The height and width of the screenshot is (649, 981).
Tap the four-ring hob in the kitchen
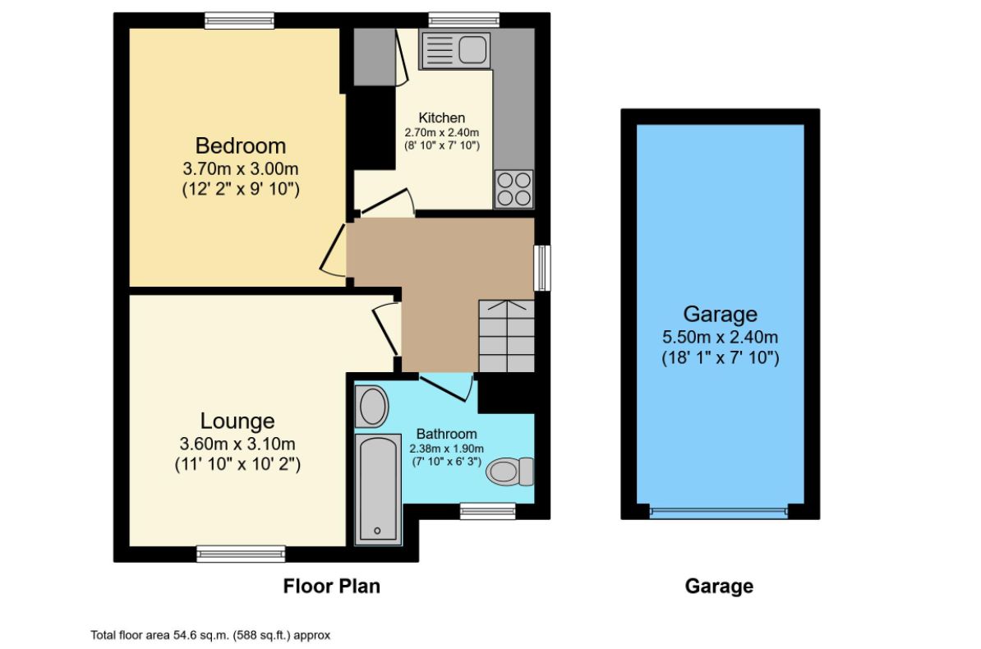click(x=514, y=188)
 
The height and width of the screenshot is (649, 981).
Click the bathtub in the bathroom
click(x=377, y=488)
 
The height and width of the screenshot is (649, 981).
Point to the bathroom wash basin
click(x=372, y=407)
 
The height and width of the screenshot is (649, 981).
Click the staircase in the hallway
click(x=506, y=336)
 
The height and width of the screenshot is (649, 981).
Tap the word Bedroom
click(x=241, y=145)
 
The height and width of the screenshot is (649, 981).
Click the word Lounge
click(x=237, y=421)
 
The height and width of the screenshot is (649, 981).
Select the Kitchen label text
click(x=441, y=117)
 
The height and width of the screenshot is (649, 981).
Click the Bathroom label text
click(x=446, y=434)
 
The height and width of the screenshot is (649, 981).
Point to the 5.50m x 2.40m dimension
click(x=720, y=337)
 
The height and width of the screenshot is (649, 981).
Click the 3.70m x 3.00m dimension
click(x=240, y=169)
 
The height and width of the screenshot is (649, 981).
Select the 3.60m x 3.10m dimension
click(x=237, y=444)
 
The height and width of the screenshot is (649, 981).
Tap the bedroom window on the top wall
click(x=239, y=21)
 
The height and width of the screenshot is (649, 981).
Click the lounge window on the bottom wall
click(x=241, y=555)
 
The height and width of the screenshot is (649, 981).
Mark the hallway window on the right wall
click(x=541, y=268)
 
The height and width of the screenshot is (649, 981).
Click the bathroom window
click(x=487, y=511)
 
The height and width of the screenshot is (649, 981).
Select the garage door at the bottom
click(x=719, y=512)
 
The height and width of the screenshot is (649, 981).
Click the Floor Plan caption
click(x=331, y=586)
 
